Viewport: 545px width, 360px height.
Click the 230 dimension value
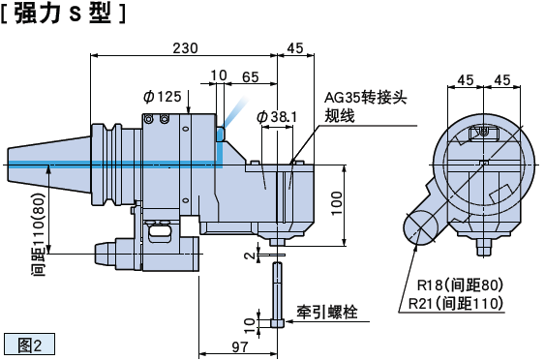pyautogui.click(x=185, y=48)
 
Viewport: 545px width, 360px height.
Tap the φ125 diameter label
pyautogui.click(x=163, y=97)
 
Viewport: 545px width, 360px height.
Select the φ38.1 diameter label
pyautogui.click(x=277, y=117)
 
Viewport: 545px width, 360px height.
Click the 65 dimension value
pyautogui.click(x=251, y=76)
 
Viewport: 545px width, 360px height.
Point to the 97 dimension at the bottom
pyautogui.click(x=240, y=346)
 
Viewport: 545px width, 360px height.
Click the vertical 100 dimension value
pyautogui.click(x=336, y=203)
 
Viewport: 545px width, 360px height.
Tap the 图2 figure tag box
pyautogui.click(x=30, y=345)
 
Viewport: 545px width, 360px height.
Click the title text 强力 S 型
pyautogui.click(x=63, y=14)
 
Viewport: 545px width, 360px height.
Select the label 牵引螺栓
pyautogui.click(x=327, y=312)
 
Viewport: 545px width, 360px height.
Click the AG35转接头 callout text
pyautogui.click(x=365, y=98)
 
